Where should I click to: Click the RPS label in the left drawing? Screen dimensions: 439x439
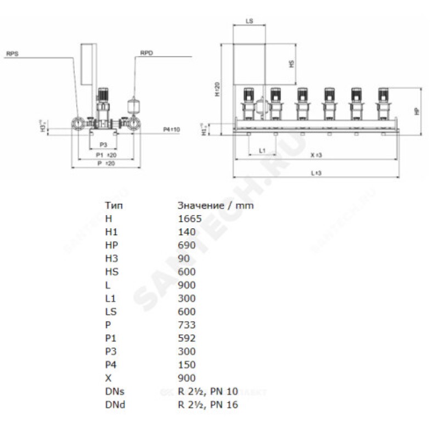pos(12,54)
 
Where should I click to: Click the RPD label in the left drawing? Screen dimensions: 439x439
pos(147,54)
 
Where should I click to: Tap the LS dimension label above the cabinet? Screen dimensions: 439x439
pos(249,21)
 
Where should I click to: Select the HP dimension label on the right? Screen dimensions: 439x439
pos(417,110)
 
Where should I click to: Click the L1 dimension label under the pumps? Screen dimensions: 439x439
pos(262,150)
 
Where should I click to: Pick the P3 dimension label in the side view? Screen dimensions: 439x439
pos(102,144)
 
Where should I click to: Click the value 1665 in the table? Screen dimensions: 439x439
pos(190,218)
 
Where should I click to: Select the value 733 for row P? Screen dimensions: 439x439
pos(187,325)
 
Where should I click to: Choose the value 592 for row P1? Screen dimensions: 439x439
pos(187,338)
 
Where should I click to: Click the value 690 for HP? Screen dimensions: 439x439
pos(187,245)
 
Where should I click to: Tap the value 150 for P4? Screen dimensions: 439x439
pos(187,365)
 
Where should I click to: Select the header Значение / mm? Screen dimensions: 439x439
pos(216,205)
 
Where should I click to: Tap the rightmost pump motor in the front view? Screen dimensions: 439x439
pos(382,94)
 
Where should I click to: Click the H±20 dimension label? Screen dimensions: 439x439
pos(217,89)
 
